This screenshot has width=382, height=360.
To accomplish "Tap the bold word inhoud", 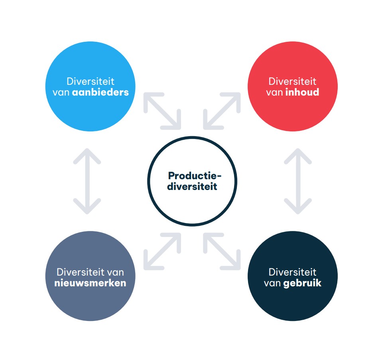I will point(302,92).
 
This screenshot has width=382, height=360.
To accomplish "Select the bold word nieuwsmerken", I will point(90,283).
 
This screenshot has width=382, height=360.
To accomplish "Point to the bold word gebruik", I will point(302,283).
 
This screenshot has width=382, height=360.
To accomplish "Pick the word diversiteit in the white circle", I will point(192,186).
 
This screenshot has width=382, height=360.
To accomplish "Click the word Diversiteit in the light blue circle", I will point(91,81).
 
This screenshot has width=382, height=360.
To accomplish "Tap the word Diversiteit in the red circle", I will point(292,81).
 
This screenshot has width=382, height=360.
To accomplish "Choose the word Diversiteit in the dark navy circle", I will point(292,272).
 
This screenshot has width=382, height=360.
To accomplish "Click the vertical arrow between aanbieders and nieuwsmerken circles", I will point(87,181).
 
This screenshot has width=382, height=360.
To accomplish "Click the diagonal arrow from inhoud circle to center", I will point(222,111).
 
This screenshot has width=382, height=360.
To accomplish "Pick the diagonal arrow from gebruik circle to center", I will point(222,251).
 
